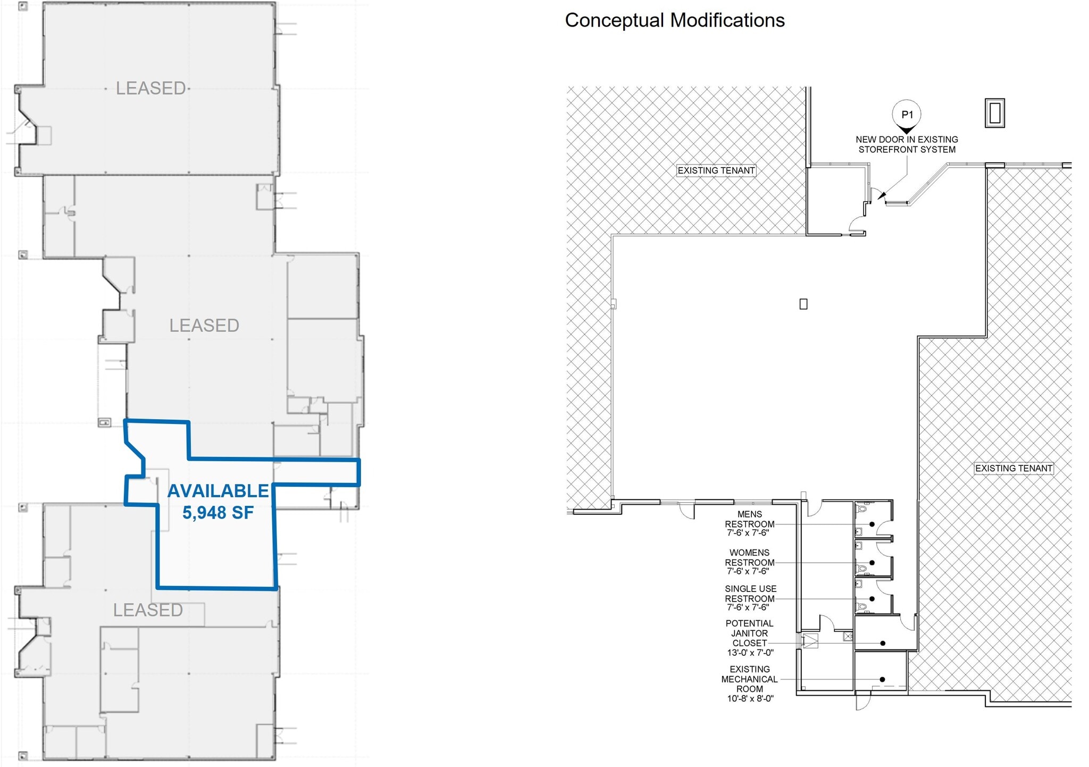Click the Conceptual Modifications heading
674,20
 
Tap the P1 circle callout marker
907,114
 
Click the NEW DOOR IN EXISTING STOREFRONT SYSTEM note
907,144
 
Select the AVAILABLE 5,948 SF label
218,502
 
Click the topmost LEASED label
151,88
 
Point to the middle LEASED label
204,326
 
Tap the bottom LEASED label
148,610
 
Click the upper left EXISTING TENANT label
716,171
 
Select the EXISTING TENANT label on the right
1013,469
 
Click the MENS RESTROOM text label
749,519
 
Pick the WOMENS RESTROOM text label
749,557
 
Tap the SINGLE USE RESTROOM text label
750,594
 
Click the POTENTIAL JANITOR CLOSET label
749,633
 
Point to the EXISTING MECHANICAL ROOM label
749,679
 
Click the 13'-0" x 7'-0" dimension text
750,653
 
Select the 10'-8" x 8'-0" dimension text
750,698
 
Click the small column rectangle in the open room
803,304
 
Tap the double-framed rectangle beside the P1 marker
994,113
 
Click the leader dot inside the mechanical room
882,679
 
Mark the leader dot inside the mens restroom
872,524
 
